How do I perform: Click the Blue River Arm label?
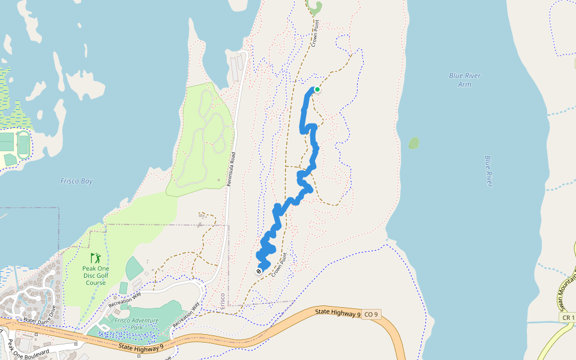coord(464,80)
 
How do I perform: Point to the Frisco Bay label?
coord(77,181)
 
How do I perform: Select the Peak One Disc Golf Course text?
coord(95,275)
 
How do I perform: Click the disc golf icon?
coord(95,258)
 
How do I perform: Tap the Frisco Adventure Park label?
coord(137,323)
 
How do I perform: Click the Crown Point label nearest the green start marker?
coord(314,34)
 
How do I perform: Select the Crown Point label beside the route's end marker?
coord(283,264)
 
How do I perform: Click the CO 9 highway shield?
coord(371,314)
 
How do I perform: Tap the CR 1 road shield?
coord(568,317)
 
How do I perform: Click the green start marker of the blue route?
coord(317,89)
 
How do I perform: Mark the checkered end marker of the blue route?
coord(259,271)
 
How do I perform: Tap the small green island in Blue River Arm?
coord(413,143)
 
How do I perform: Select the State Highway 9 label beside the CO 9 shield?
coord(338,312)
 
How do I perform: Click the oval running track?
coord(24,145)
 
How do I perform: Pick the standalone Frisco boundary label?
coord(223,298)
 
